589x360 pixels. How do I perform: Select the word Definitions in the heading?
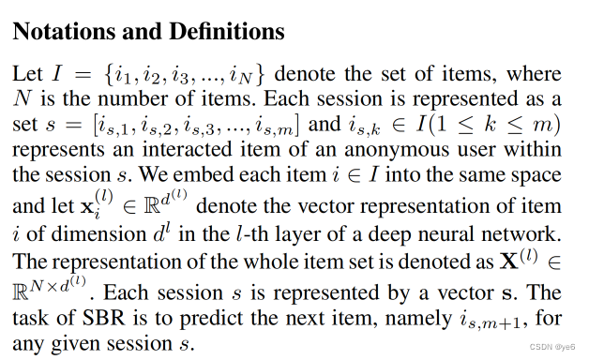(224, 31)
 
